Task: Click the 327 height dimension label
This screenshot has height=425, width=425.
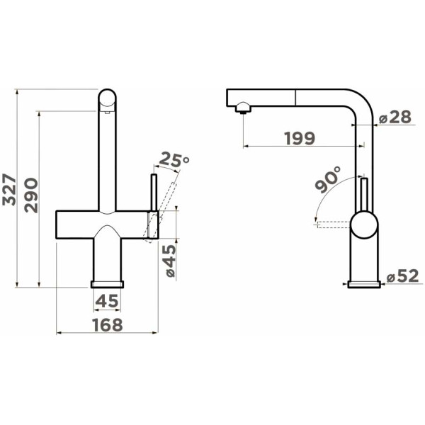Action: point(9,190)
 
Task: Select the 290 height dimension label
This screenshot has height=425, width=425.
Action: point(31,195)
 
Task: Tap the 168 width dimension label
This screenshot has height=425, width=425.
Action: point(108,324)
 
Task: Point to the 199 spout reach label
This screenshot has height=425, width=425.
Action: point(300,138)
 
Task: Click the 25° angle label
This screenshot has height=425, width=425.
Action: point(174,160)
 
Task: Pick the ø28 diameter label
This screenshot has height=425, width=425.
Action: point(395,118)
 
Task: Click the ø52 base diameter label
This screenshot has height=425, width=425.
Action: point(403,277)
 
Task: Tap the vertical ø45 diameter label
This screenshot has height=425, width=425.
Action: point(169,261)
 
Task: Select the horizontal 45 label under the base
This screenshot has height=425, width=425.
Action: point(108,301)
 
